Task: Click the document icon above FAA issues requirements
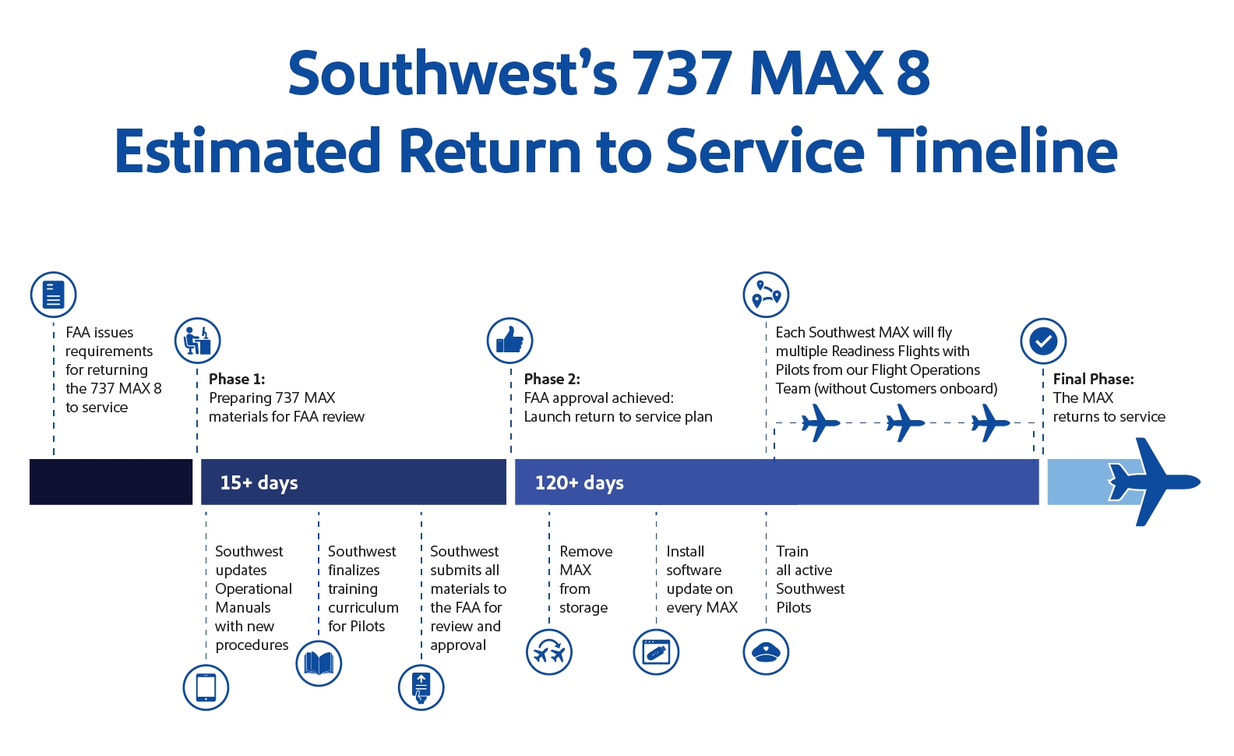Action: (54, 295)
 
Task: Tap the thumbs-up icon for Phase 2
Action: (509, 341)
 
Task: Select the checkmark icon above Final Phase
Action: (1043, 341)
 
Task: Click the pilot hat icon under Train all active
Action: (766, 652)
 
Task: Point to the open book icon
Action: (319, 663)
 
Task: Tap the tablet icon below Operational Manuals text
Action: (206, 687)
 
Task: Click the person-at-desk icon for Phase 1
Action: (198, 341)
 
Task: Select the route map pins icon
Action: (766, 295)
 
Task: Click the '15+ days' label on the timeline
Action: (259, 482)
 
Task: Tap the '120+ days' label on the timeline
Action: (580, 482)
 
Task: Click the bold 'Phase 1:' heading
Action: (237, 379)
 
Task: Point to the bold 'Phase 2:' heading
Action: (552, 379)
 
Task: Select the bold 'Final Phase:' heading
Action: (1094, 379)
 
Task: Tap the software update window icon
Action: (656, 652)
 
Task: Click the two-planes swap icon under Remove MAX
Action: (549, 652)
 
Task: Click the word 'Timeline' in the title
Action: (998, 150)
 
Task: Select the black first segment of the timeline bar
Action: (111, 482)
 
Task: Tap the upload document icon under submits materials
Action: (421, 687)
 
